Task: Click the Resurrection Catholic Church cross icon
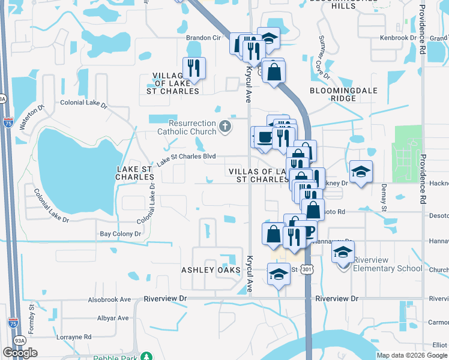tap(224, 126)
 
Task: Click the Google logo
tap(20, 353)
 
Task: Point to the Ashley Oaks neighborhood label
tap(211, 271)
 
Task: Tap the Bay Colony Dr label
tap(120, 234)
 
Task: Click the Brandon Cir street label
tap(203, 37)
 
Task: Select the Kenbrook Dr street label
tap(398, 38)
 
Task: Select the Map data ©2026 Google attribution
tap(412, 355)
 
